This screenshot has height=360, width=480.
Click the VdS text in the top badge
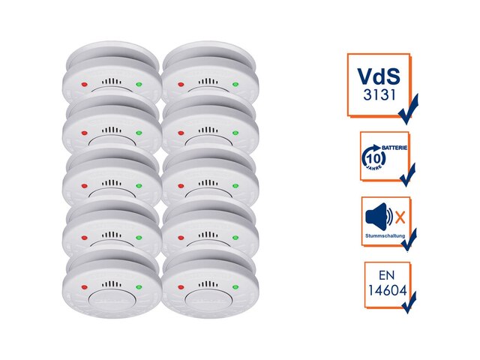tap(378, 76)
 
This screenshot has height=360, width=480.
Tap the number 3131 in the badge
tap(377, 97)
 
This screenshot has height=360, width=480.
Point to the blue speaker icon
tap(378, 217)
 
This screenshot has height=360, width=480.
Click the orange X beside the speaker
tap(400, 218)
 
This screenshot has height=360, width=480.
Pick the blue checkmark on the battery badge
tap(408, 176)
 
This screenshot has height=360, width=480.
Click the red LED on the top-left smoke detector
tap(84, 83)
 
